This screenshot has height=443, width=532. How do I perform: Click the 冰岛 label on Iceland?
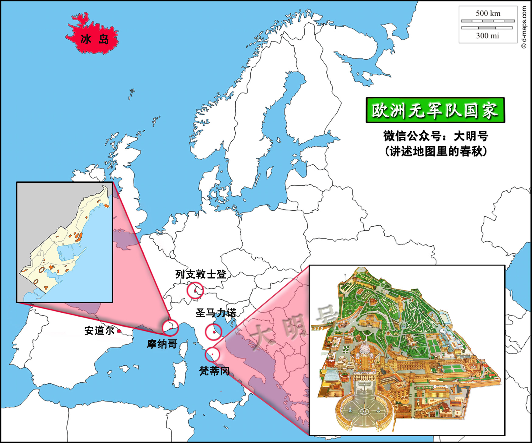95,39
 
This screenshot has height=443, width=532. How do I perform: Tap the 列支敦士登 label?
201,274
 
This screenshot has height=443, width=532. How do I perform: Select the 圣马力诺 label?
216,313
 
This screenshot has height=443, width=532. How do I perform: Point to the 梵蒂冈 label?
214,371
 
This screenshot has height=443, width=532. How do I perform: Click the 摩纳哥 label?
162,344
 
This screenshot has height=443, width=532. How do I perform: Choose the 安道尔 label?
99,331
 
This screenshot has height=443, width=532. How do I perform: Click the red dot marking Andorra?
119,331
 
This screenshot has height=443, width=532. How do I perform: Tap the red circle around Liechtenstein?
195,290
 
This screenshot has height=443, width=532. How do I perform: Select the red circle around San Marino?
213,332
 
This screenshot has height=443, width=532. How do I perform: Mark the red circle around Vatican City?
212,354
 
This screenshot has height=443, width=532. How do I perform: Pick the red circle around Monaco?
170,327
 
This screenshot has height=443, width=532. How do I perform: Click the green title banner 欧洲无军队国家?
435,110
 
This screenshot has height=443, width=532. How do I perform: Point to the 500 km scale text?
488,13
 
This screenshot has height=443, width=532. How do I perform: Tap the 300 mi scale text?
488,36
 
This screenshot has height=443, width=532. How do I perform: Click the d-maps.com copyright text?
524,27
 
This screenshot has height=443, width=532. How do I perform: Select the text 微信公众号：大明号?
436,136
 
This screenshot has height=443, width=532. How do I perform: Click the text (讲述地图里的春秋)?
436,151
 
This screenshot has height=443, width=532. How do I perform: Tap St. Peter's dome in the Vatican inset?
364,349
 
